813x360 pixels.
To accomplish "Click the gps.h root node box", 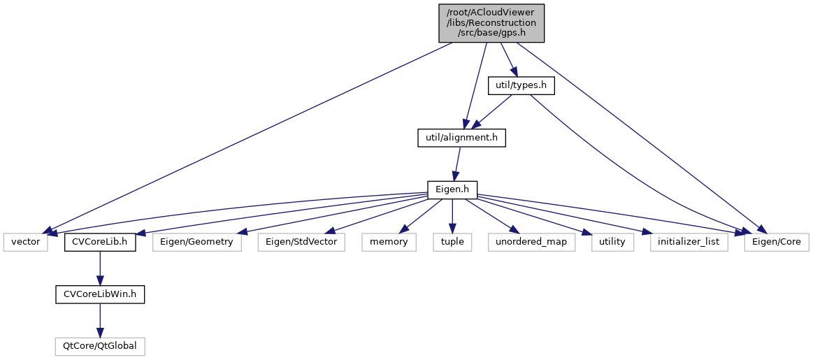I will point(491,23).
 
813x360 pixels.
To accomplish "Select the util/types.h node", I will point(521,85).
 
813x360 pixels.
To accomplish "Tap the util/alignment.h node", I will point(461,138).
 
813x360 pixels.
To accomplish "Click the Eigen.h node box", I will point(452,189).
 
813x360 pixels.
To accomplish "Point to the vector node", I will point(27,242).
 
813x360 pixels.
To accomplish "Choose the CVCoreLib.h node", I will point(99,242).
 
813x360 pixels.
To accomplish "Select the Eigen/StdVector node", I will point(302,242).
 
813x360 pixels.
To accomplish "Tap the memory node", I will point(389,242).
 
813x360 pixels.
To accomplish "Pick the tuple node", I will point(452,242).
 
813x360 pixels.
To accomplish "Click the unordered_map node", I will point(531,242).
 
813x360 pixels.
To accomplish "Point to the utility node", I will point(612,242).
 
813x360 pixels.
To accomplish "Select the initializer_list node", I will point(689,242).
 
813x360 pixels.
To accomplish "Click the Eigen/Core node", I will point(776,242).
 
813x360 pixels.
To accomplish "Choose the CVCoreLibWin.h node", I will point(99,294).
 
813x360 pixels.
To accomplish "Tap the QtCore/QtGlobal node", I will point(99,346).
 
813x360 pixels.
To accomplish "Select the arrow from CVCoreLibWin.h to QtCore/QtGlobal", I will point(99,320).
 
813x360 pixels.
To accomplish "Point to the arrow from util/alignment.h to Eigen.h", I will point(457,164).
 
